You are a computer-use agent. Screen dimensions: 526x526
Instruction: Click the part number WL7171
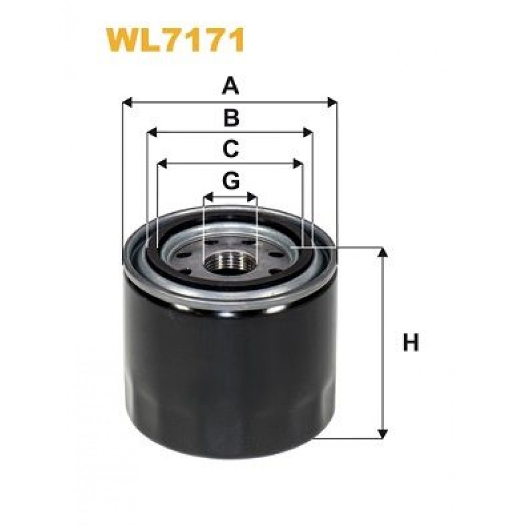[175, 40]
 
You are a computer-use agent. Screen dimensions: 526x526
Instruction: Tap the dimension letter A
[230, 86]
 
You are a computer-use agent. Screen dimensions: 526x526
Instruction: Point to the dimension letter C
[230, 149]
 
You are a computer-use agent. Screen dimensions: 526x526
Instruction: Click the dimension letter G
[231, 181]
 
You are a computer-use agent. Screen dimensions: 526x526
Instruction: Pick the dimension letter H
[411, 342]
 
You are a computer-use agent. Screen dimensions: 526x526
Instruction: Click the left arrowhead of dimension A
[128, 103]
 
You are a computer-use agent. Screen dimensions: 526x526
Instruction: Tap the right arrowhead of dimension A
[331, 103]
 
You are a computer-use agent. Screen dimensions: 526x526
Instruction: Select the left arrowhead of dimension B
[153, 132]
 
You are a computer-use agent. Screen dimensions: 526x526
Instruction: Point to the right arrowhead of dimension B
[308, 132]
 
